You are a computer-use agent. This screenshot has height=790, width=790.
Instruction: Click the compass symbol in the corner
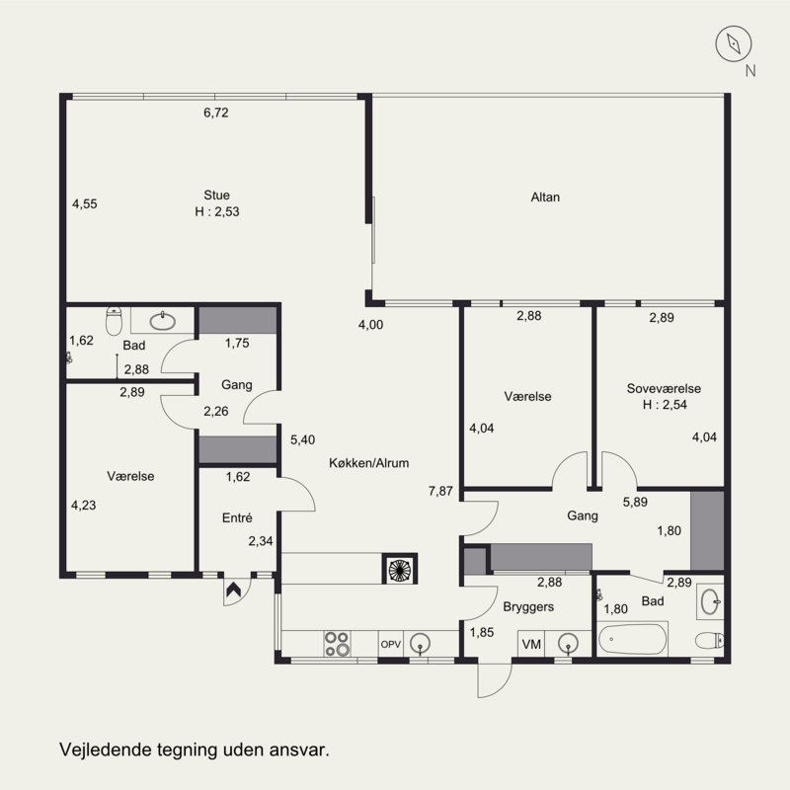click(x=734, y=43)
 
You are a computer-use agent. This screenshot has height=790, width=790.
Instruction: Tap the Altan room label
click(x=545, y=197)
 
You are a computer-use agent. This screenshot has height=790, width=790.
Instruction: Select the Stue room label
click(x=216, y=195)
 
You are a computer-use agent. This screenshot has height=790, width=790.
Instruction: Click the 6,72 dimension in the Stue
click(x=215, y=113)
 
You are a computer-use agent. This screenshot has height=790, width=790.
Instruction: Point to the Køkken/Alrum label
click(x=368, y=463)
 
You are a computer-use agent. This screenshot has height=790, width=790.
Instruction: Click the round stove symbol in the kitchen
click(x=400, y=570)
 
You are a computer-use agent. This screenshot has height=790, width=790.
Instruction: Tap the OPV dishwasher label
click(x=390, y=644)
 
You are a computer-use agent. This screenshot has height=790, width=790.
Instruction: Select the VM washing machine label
click(x=531, y=644)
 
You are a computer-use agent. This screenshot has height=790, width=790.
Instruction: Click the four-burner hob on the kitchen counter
click(x=337, y=644)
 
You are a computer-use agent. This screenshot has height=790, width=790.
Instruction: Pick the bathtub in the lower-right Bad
click(x=632, y=639)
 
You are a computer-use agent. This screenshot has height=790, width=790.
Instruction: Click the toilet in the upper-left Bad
click(x=115, y=321)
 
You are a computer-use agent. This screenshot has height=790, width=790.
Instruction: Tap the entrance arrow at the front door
click(x=233, y=589)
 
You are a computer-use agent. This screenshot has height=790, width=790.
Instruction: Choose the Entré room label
click(x=237, y=517)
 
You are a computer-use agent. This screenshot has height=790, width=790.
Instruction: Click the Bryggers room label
click(x=528, y=607)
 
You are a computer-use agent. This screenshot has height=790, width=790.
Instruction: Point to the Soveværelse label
click(x=664, y=388)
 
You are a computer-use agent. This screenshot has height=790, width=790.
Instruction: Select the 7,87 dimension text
click(x=440, y=491)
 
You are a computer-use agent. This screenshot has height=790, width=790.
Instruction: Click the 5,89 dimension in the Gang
click(x=635, y=502)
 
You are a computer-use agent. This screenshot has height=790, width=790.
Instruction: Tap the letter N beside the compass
click(x=750, y=71)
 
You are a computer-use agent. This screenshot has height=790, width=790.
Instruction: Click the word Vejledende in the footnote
click(x=106, y=750)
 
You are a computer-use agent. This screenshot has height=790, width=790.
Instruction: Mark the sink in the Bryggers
click(x=569, y=644)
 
